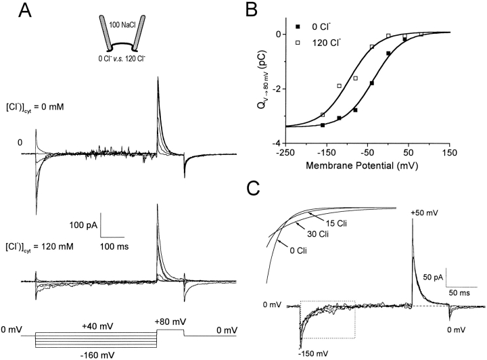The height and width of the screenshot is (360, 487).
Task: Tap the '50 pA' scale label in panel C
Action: pos(431,277)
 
